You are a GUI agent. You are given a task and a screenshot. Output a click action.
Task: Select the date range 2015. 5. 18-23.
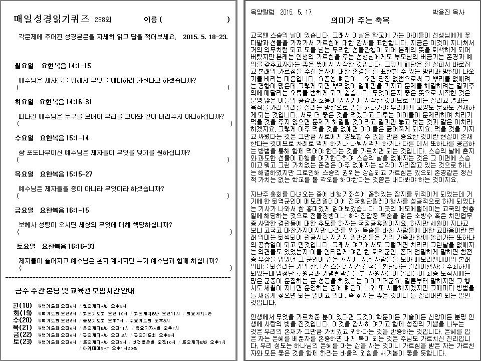tap(205, 37)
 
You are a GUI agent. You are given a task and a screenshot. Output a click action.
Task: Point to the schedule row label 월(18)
tap(23, 306)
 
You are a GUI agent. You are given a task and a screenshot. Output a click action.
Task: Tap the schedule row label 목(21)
tap(23, 327)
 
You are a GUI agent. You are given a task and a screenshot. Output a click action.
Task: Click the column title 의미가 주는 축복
tap(360, 21)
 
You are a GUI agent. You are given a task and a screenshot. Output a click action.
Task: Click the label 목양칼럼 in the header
tap(261, 12)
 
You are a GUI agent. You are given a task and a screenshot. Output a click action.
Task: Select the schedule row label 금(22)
tap(23, 334)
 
